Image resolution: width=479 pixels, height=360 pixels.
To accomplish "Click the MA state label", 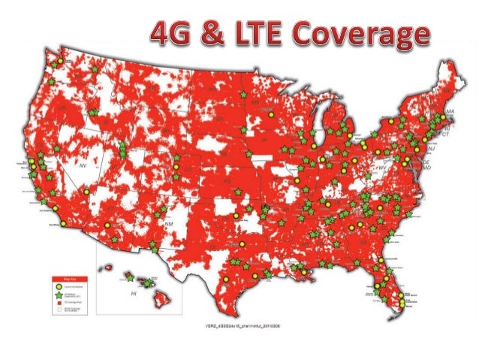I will [x=450, y=112].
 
